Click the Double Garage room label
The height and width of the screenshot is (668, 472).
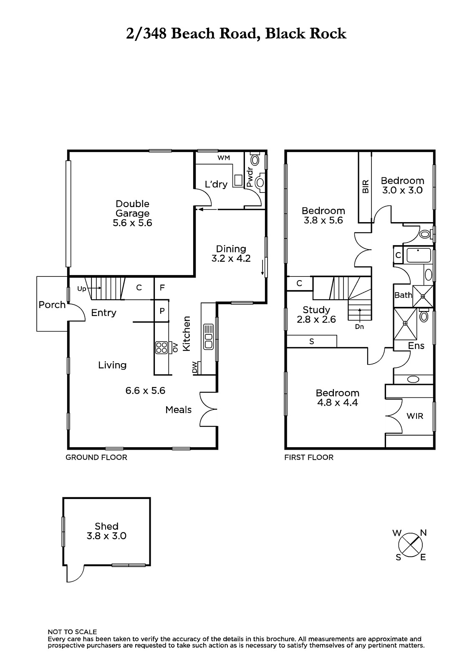[132, 213]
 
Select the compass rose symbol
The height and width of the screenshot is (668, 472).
[410, 545]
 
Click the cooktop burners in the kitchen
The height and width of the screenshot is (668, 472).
[162, 348]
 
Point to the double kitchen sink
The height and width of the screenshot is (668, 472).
[208, 337]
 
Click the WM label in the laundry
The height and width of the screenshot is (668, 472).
[224, 158]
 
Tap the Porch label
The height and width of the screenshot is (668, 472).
[52, 305]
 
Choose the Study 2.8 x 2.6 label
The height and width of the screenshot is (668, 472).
[316, 315]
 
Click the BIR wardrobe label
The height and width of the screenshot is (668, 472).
[366, 186]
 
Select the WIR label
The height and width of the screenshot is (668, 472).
[415, 416]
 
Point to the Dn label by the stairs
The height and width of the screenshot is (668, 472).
[359, 327]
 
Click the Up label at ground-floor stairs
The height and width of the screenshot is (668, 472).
[81, 289]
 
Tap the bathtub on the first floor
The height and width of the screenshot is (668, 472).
[418, 255]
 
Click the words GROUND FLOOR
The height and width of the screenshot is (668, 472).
[96, 458]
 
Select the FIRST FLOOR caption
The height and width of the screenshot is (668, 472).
[309, 458]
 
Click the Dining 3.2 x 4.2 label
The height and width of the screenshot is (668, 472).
[231, 253]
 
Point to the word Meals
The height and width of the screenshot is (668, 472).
[178, 410]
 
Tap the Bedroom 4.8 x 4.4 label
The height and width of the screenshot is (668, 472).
[338, 397]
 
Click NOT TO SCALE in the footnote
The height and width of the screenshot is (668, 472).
[72, 632]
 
